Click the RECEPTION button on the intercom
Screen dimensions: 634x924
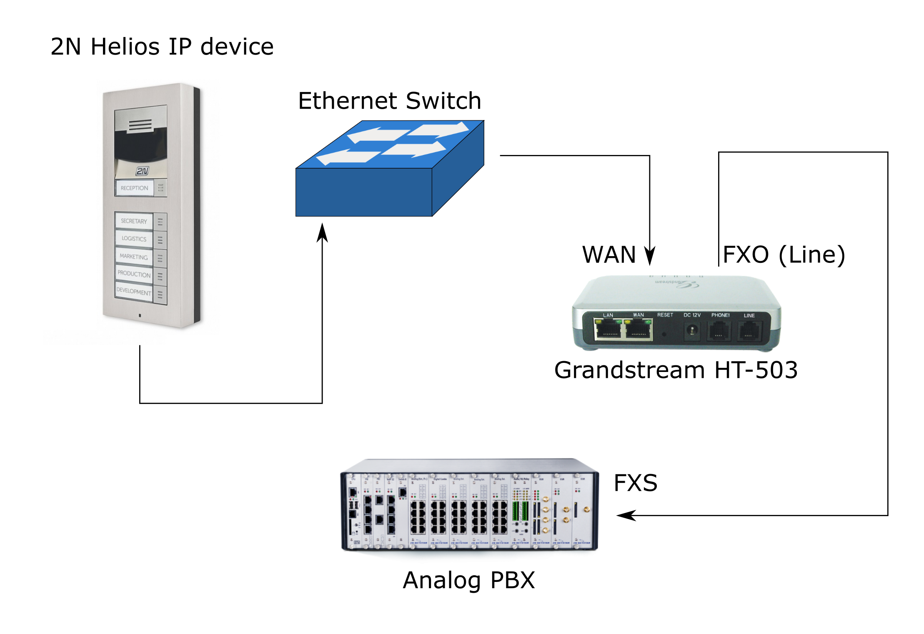pos(134,188)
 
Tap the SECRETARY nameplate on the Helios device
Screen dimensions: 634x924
pos(134,221)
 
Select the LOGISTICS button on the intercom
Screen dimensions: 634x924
pos(134,239)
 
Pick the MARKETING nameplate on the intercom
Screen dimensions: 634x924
pos(134,257)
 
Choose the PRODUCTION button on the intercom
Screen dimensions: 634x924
pos(134,274)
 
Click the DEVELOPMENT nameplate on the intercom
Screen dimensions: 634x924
pos(134,291)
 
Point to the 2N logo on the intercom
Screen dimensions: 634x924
pos(142,171)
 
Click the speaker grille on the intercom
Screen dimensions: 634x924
pos(140,125)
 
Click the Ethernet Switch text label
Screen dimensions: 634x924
pos(389,101)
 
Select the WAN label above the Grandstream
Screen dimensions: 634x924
pos(609,255)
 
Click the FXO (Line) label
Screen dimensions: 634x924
pos(784,255)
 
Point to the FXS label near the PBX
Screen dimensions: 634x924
pos(635,483)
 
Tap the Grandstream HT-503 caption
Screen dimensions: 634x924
pos(676,370)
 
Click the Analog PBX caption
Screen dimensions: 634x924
pos(469,580)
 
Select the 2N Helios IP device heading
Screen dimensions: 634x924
pos(162,46)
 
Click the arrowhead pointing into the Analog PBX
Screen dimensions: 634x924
pos(625,516)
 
